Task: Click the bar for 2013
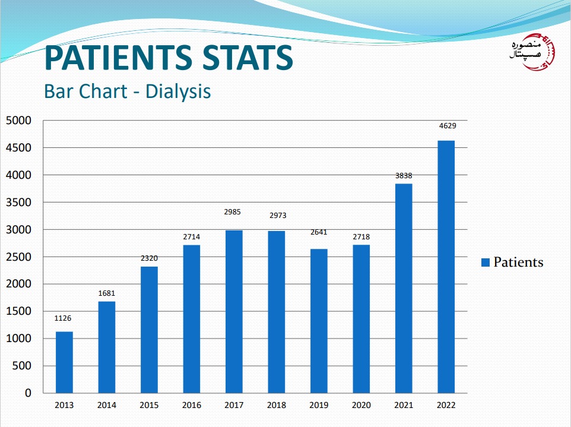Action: [64, 362]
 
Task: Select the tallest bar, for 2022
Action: [446, 267]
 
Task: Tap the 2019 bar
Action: [319, 321]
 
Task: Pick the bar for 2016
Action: [192, 319]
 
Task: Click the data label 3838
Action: [404, 176]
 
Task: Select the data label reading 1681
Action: [107, 293]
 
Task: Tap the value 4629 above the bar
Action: [446, 126]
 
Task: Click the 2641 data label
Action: [319, 232]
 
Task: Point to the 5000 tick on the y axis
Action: [18, 121]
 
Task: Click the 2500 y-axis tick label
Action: [18, 257]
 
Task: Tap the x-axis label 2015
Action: [149, 406]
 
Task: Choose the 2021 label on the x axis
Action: [404, 406]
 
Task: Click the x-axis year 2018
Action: [276, 406]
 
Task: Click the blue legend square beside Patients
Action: [485, 262]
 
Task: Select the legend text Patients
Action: [518, 262]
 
